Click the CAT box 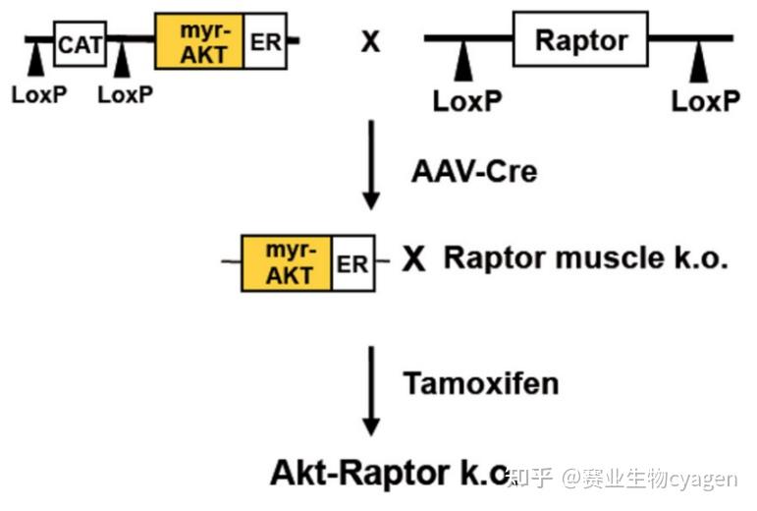(80, 43)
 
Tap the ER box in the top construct (264, 41)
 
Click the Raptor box (581, 40)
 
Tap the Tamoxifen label (481, 382)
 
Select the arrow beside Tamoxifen (370, 390)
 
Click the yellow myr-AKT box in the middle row (287, 262)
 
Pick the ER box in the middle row (352, 263)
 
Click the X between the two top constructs (370, 43)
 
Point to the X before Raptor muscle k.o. (415, 260)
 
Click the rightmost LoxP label (705, 100)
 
